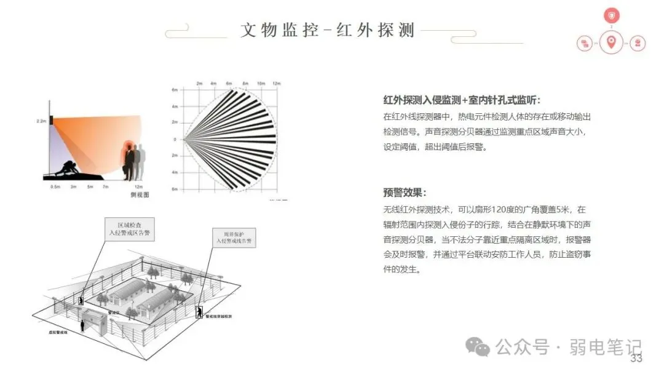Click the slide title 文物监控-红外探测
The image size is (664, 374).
coord(328,30)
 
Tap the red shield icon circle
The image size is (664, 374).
coord(611,16)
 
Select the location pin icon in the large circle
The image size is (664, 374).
coord(611,42)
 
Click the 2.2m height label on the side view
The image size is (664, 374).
coord(41,122)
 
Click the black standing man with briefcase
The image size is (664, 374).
coord(130,163)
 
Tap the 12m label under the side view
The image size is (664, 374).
coord(140,186)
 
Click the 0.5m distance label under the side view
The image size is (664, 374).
coord(55,186)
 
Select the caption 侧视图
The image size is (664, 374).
coord(141,194)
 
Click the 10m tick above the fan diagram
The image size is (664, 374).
coord(261,83)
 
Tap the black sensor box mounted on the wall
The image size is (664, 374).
coord(53,119)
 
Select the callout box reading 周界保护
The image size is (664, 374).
coord(232,237)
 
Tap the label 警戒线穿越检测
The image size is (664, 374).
coord(218,316)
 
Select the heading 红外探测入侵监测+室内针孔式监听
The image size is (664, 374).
coord(462,100)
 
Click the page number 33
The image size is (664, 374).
coord(636,359)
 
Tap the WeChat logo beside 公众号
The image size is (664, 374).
coord(478,347)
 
